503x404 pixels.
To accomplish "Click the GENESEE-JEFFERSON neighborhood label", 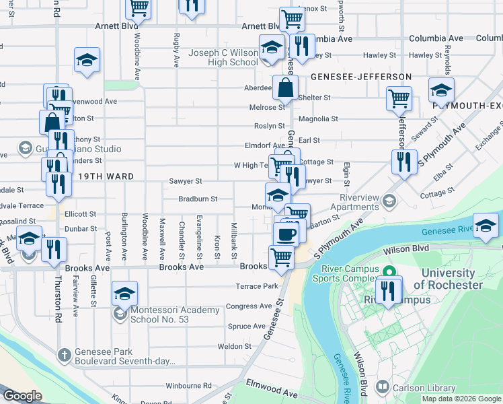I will coord(361,77).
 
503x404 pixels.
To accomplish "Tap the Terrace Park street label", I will coord(256,286).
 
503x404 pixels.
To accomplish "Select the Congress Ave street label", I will coord(249,306).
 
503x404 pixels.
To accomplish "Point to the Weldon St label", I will coord(234,346).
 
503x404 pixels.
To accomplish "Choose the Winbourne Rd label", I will coord(188,386).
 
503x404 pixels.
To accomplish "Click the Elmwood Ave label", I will coord(272,392).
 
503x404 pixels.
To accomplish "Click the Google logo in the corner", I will coord(22,396).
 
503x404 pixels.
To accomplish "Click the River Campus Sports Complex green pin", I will coord(388,273).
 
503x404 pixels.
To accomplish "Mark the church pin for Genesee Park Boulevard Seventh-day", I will coord(64,354).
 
